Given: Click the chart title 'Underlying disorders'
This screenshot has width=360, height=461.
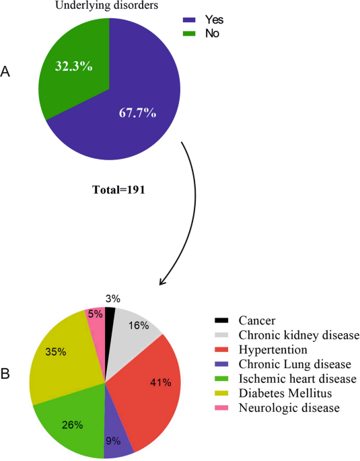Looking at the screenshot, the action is (107, 5).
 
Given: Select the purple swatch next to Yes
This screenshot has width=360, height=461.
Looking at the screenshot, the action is (189, 20).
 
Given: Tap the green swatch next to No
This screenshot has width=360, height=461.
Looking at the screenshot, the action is (189, 34).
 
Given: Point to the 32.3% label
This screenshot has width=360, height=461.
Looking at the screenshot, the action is (74, 67).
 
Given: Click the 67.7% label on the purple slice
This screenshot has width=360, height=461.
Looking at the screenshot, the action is (137, 112).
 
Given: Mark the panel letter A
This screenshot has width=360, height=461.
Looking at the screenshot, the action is (5, 71).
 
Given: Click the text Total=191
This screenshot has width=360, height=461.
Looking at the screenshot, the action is (118, 190).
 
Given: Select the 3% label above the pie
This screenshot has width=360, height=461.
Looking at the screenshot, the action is (113, 299).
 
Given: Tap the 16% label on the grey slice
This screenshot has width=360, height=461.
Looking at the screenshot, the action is (139, 326).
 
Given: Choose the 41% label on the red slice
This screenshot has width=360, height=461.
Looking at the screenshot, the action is (161, 382).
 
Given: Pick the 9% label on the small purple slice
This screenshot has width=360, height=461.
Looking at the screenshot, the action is (113, 441).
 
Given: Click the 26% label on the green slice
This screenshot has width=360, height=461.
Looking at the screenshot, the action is (72, 425).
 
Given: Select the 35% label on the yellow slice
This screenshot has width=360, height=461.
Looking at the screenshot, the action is (56, 352).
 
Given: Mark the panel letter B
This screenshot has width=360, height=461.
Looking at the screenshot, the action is (5, 374).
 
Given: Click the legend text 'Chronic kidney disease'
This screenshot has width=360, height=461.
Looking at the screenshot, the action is (299, 335).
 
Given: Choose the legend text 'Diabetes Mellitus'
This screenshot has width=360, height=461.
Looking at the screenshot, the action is (285, 393).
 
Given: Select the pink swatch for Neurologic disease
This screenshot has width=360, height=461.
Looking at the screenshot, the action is (221, 408).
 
